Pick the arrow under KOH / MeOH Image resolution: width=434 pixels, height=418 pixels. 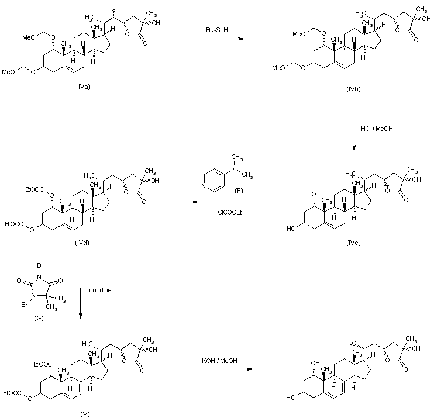pyautogui.click(x=223, y=369)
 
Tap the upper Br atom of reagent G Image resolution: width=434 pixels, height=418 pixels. pyautogui.click(x=40, y=267)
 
